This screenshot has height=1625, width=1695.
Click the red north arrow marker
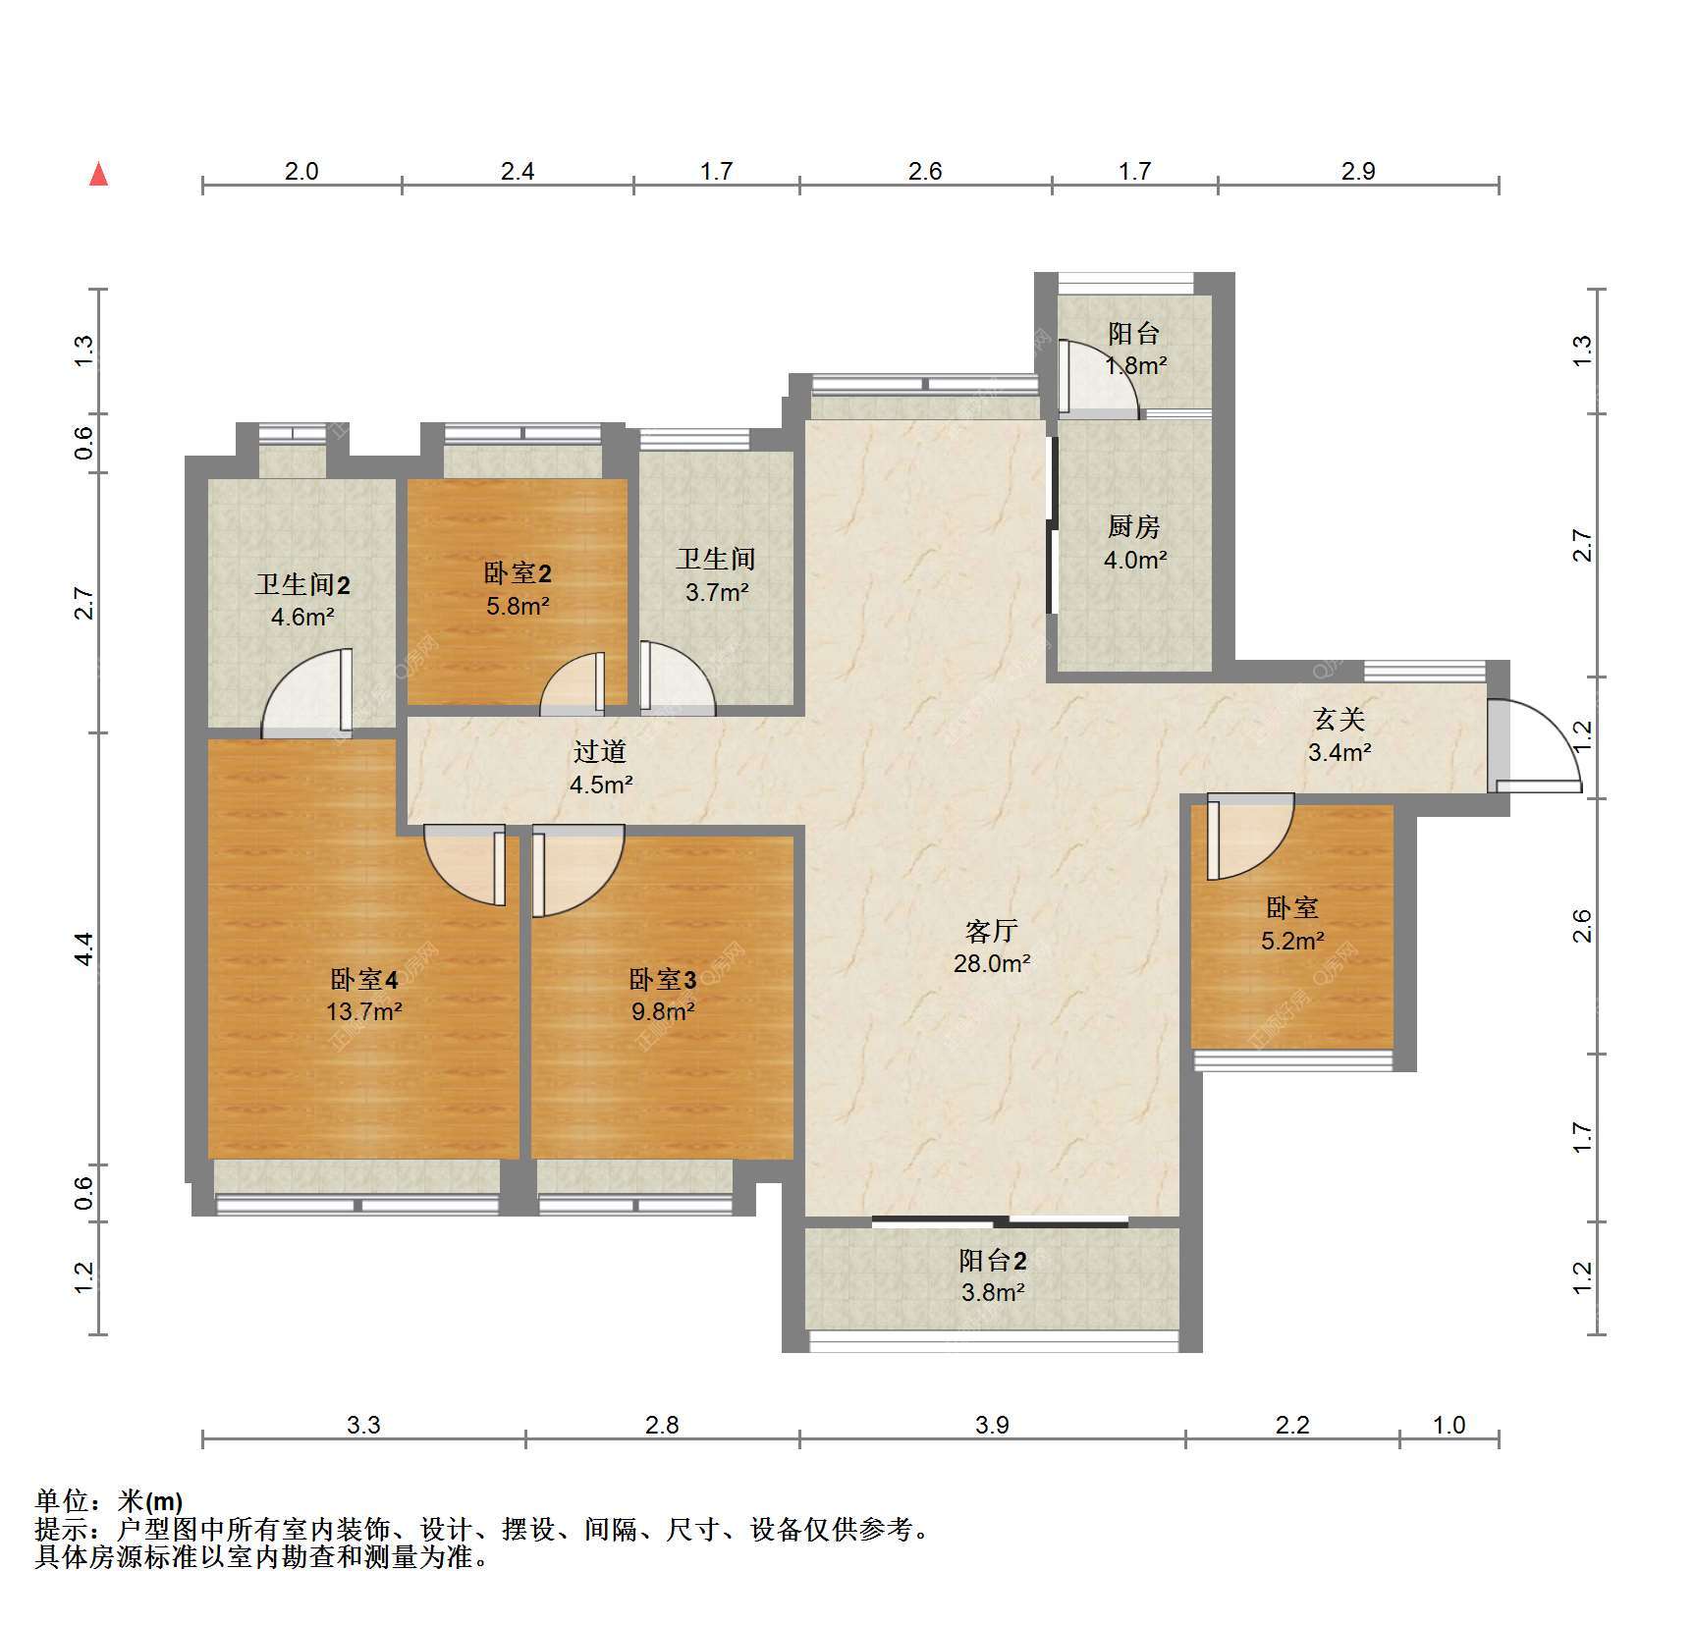98,174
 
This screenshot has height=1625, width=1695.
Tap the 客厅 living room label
992,930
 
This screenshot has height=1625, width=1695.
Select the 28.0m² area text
992,963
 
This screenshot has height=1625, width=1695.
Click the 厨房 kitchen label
1134,527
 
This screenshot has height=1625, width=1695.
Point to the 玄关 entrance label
1340,720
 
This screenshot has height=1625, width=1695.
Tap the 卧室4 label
363,979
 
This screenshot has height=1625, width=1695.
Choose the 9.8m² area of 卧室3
663,1011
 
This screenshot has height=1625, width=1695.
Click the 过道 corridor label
600,752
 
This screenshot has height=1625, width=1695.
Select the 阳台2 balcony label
993,1261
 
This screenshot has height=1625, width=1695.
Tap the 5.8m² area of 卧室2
518,606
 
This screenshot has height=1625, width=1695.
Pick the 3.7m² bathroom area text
717,592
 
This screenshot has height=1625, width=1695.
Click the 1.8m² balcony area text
1135,366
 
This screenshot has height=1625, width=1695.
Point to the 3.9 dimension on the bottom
992,1425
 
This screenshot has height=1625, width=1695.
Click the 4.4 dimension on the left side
83,948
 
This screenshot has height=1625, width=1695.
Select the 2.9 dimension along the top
1358,171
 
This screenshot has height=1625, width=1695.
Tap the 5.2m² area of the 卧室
1292,941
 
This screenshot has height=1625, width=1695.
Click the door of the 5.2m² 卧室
1250,837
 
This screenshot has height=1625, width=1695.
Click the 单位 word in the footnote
62,1501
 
